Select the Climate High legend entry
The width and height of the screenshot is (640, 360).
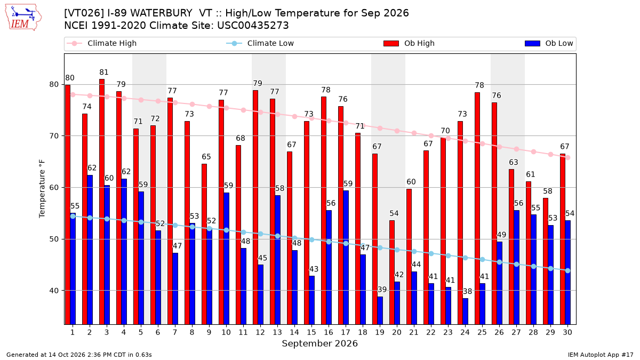point(102,43)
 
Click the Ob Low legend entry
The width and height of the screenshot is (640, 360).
point(549,43)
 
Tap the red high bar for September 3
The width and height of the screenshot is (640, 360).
point(102,202)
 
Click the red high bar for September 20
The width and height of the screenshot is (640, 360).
point(391,273)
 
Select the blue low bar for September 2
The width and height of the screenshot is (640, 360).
point(90,250)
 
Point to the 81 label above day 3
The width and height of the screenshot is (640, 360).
point(104,73)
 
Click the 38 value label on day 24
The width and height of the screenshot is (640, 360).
point(467,291)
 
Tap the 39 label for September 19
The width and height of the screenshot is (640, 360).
point(382,290)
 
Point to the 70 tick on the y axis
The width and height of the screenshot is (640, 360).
point(54,136)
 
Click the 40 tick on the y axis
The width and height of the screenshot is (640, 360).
point(54,291)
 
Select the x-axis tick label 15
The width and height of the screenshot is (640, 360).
point(311,333)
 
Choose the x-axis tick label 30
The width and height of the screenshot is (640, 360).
point(567,333)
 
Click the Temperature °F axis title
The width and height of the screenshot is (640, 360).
point(42,189)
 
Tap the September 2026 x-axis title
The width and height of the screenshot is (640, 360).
point(319,343)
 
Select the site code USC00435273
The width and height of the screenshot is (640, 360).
point(253,26)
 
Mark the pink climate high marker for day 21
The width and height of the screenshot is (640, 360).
point(414,133)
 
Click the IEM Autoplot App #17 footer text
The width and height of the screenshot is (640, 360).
point(601,355)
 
